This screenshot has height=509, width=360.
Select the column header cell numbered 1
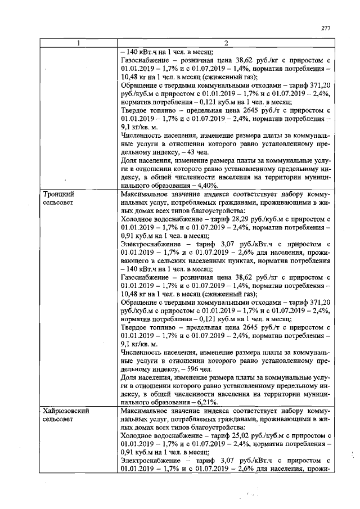tap(78, 43)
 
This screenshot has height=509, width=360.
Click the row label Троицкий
tap(58, 193)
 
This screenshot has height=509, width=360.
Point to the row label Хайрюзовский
tap(66, 411)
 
